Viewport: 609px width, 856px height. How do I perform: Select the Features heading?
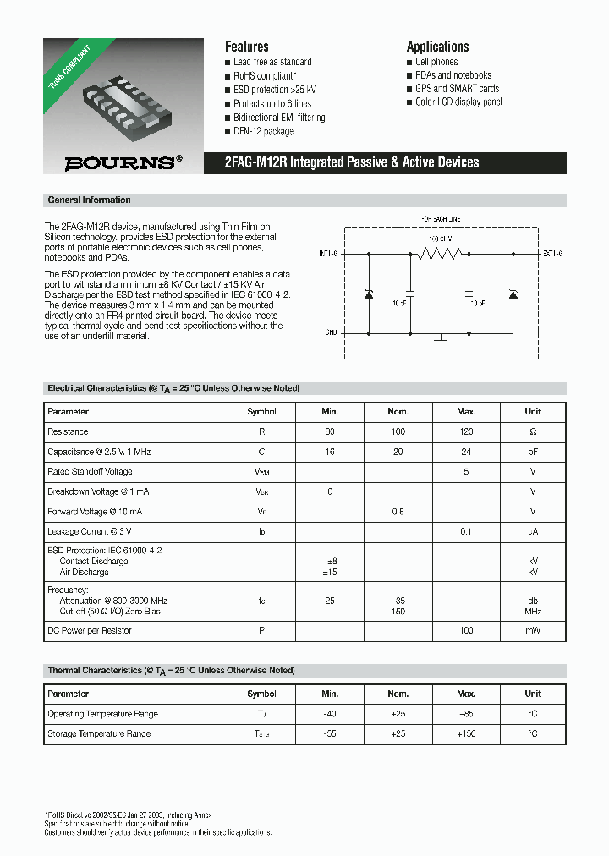[x=246, y=47]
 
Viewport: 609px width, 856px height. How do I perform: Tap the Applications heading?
[x=437, y=47]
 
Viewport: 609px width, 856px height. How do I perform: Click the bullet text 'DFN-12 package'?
[x=263, y=132]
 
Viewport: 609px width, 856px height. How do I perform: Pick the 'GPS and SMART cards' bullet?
[x=457, y=89]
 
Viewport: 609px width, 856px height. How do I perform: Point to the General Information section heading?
[x=90, y=200]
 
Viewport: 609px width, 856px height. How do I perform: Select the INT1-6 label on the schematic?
[x=328, y=253]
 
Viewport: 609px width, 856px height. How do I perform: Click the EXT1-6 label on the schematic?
[x=552, y=253]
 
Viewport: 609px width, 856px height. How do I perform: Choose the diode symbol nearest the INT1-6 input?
[x=369, y=294]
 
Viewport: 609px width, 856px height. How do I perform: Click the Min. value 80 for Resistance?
[x=330, y=431]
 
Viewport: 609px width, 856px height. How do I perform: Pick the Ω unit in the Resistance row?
[x=533, y=431]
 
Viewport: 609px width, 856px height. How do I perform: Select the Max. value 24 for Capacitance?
[x=466, y=452]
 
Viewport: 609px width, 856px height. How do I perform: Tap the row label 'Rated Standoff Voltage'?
[x=90, y=472]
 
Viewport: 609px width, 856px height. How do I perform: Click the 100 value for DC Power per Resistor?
[x=466, y=631]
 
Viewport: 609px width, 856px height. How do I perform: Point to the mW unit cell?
[x=533, y=631]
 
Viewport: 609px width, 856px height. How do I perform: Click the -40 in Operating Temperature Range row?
[x=330, y=714]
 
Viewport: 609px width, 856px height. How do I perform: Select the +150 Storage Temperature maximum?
[x=466, y=734]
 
